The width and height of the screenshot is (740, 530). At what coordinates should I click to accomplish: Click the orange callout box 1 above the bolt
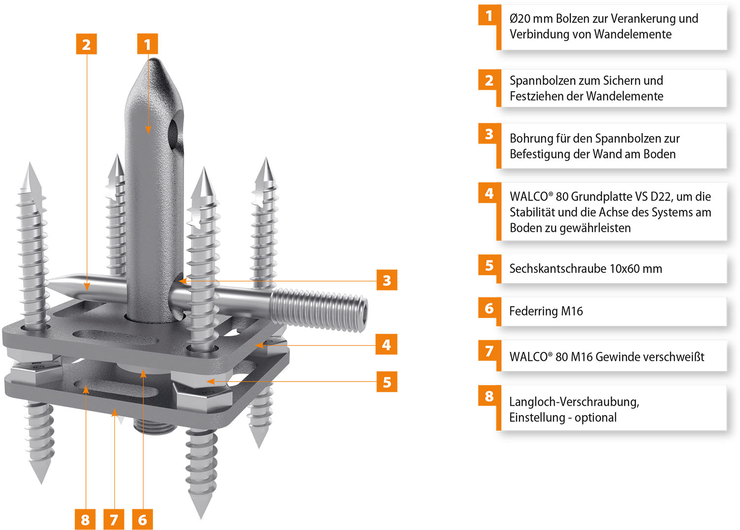pyautogui.click(x=148, y=43)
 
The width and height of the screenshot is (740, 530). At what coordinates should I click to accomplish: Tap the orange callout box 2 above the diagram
pyautogui.click(x=86, y=43)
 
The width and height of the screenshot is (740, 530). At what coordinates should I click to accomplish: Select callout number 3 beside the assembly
pyautogui.click(x=387, y=280)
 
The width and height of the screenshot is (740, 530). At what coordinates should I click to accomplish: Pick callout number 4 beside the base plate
pyautogui.click(x=386, y=344)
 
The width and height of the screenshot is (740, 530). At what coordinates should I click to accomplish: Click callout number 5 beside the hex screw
pyautogui.click(x=387, y=382)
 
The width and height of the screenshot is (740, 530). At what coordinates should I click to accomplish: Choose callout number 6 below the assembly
pyautogui.click(x=143, y=520)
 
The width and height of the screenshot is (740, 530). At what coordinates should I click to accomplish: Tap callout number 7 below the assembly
pyautogui.click(x=114, y=520)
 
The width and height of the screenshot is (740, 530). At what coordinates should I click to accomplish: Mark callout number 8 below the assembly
pyautogui.click(x=85, y=520)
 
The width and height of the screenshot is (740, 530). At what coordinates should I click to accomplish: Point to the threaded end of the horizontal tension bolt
pyautogui.click(x=319, y=310)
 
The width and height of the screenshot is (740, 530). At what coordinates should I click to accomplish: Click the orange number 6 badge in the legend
pyautogui.click(x=489, y=309)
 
